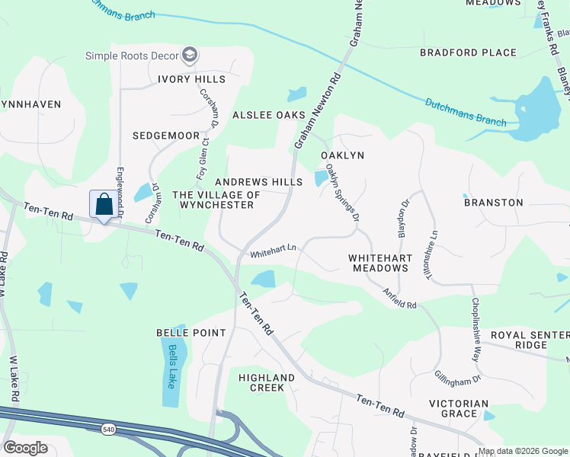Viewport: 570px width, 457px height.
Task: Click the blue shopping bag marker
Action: [x=104, y=205]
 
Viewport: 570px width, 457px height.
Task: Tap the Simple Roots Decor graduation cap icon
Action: [x=190, y=55]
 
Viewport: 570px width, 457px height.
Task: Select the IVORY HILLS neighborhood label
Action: [x=191, y=79]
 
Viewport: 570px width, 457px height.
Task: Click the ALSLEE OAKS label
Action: [x=264, y=115]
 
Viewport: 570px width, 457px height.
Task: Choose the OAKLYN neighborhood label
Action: [x=342, y=155]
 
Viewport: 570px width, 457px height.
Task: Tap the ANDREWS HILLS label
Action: [x=258, y=182]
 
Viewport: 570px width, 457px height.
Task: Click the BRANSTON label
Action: [x=493, y=203]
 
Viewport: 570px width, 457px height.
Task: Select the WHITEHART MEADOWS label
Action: [x=379, y=264]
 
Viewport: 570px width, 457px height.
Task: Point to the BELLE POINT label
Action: [x=191, y=333]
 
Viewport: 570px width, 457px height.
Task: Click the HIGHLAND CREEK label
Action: [x=266, y=382]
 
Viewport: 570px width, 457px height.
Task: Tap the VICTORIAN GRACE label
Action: [x=458, y=408]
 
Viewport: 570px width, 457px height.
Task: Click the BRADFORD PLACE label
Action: [x=468, y=53]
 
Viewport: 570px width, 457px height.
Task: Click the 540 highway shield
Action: [x=108, y=430]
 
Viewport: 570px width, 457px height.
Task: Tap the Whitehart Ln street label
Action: [x=273, y=249]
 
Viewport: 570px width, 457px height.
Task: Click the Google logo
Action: [x=25, y=448]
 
